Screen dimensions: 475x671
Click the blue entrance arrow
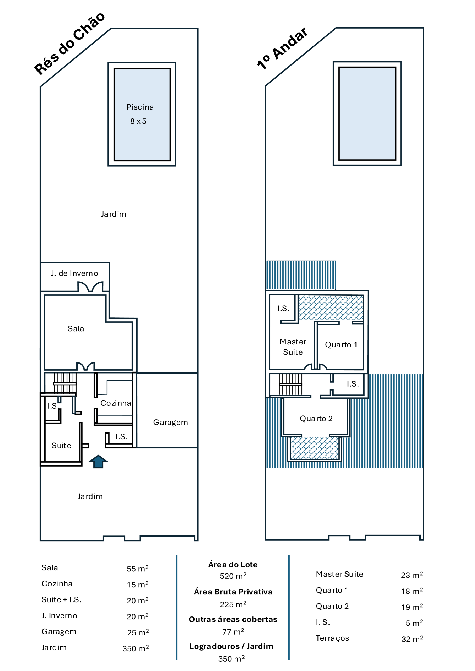tap(98, 462)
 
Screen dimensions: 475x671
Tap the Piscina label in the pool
tap(140, 107)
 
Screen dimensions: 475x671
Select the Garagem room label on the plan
tap(170, 423)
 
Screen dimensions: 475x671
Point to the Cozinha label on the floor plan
tap(116, 403)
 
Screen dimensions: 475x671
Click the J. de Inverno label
tap(75, 273)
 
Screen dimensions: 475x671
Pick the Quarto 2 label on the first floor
tap(316, 419)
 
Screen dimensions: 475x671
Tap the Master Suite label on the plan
tap(293, 347)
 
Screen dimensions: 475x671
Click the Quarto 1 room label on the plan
tap(341, 345)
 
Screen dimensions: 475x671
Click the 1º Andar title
tap(282, 48)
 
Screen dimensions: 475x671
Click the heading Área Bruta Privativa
tap(233, 592)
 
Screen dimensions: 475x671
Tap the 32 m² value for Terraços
tap(412, 639)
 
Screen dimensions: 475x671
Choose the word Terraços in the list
tap(332, 638)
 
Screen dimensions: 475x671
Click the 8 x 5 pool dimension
tap(138, 121)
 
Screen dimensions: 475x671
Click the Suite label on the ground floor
tap(61, 446)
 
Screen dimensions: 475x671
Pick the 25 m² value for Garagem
tap(138, 632)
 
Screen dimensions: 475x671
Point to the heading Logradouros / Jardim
tap(231, 646)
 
